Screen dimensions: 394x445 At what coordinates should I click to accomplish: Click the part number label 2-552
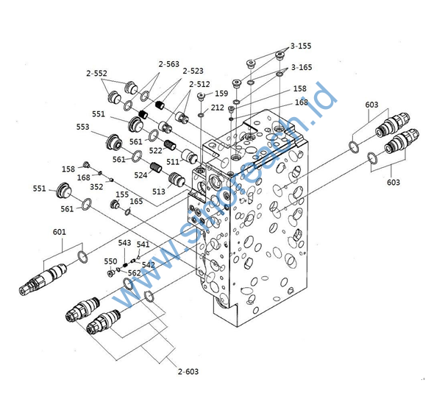pyautogui.click(x=96, y=74)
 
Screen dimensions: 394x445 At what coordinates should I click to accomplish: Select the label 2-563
pyautogui.click(x=168, y=64)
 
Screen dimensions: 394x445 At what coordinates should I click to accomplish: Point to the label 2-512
pyautogui.click(x=199, y=84)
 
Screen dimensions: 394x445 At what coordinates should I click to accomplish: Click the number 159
pyautogui.click(x=220, y=94)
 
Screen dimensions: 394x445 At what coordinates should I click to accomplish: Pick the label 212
pyautogui.click(x=217, y=108)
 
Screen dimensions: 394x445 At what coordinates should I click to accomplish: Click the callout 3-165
pyautogui.click(x=301, y=67)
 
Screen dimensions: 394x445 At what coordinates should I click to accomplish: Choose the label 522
pyautogui.click(x=156, y=150)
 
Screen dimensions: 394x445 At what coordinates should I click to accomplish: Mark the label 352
pyautogui.click(x=96, y=186)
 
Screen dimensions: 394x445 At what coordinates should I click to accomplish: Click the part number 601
pyautogui.click(x=60, y=232)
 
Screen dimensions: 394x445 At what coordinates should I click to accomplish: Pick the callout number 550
pyautogui.click(x=110, y=261)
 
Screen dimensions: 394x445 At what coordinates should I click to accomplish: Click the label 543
pyautogui.click(x=124, y=243)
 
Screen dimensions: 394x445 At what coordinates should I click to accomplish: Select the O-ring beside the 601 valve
pyautogui.click(x=83, y=257)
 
